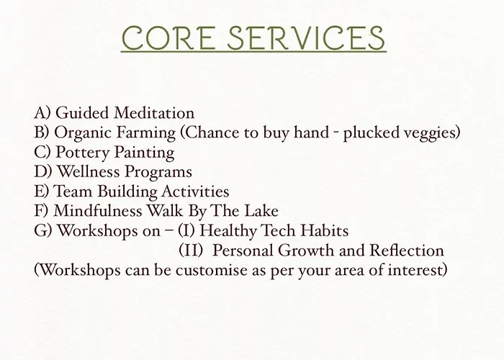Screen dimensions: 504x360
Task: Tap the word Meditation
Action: [154, 113]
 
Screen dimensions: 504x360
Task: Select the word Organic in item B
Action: [82, 133]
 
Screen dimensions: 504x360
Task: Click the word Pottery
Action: [83, 153]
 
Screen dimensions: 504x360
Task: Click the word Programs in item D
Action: [158, 172]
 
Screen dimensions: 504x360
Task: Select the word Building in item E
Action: [127, 192]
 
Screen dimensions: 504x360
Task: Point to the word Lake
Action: [261, 211]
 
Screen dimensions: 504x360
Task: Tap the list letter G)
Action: [43, 231]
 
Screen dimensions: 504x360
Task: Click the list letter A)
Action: [42, 113]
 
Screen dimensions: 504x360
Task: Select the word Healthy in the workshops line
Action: [228, 231]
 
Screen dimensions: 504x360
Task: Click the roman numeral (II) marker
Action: [191, 251]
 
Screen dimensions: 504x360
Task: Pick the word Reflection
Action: [407, 251]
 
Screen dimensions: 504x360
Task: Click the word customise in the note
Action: [212, 270]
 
